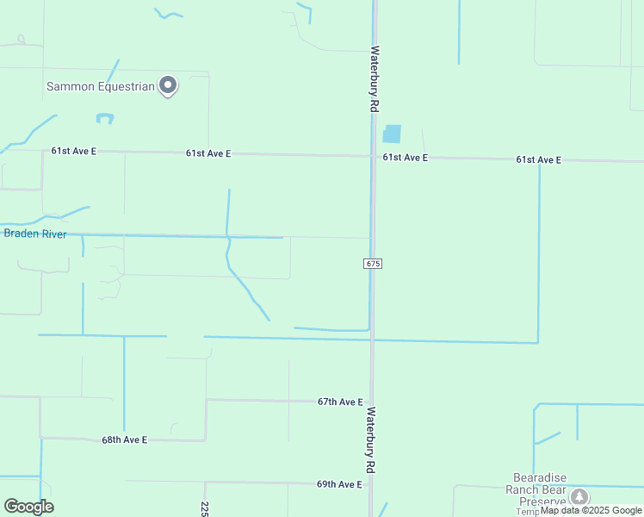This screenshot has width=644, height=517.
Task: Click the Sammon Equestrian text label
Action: point(100,86)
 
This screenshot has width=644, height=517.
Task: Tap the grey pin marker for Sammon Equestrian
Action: point(168,85)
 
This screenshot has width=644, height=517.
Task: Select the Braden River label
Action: point(35,234)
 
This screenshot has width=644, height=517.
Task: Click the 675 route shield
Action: point(372,263)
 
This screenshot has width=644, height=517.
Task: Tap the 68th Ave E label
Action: point(125,439)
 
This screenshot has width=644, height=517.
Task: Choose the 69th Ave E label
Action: point(339,484)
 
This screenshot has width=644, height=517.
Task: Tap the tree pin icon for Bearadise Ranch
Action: point(580,496)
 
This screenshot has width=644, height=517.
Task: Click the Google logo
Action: point(28,507)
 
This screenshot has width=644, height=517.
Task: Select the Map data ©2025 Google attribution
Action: point(591,511)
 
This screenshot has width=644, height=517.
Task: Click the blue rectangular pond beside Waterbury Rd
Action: point(392,134)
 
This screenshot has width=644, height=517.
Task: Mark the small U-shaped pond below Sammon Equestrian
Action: point(105,118)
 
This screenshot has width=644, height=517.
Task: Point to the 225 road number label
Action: point(205,509)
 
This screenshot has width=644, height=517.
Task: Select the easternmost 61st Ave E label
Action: point(538,159)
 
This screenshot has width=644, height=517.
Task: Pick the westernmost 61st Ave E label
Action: point(73,151)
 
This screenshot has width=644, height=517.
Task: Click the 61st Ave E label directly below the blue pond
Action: point(405,158)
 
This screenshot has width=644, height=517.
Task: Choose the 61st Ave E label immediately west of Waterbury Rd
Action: point(208,153)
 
